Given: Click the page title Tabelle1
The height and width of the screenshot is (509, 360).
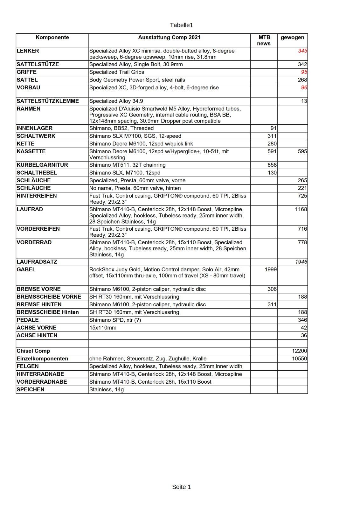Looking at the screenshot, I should click(x=181, y=25).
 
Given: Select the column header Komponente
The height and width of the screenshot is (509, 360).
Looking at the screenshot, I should click(x=52, y=38).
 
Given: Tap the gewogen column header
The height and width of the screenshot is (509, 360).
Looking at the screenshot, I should click(x=292, y=38).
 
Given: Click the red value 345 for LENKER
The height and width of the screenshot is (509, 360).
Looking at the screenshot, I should click(x=302, y=51).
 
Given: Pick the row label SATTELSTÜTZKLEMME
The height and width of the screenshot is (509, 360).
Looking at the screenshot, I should click(x=48, y=101).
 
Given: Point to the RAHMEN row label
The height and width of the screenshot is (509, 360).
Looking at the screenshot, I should click(x=29, y=109).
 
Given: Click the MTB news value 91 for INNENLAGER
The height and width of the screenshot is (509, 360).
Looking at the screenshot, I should click(x=273, y=128).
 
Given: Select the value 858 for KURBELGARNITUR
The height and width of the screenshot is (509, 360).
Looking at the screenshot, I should click(x=272, y=165).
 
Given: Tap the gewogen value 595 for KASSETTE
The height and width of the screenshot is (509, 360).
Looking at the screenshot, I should click(x=302, y=151).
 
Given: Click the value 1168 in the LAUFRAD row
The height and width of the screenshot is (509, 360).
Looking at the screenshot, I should click(x=301, y=209).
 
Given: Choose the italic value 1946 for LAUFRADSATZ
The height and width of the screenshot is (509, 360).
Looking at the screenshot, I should click(x=301, y=262).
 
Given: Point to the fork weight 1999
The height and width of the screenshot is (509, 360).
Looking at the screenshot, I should click(x=270, y=269).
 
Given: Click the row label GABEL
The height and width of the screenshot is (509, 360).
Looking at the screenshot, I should click(x=26, y=269).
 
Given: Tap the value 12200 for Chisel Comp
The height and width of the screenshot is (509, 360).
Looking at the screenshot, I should click(x=299, y=351).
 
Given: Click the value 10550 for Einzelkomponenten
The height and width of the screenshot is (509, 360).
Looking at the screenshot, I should click(x=299, y=359).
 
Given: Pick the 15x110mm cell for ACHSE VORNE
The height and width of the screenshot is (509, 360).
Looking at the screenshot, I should click(x=103, y=328).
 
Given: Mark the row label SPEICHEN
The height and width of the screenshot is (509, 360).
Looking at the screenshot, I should click(x=31, y=389).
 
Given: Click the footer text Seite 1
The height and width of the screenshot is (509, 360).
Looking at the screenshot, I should click(x=181, y=487).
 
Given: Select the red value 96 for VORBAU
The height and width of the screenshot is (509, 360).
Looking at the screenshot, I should click(x=304, y=87).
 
